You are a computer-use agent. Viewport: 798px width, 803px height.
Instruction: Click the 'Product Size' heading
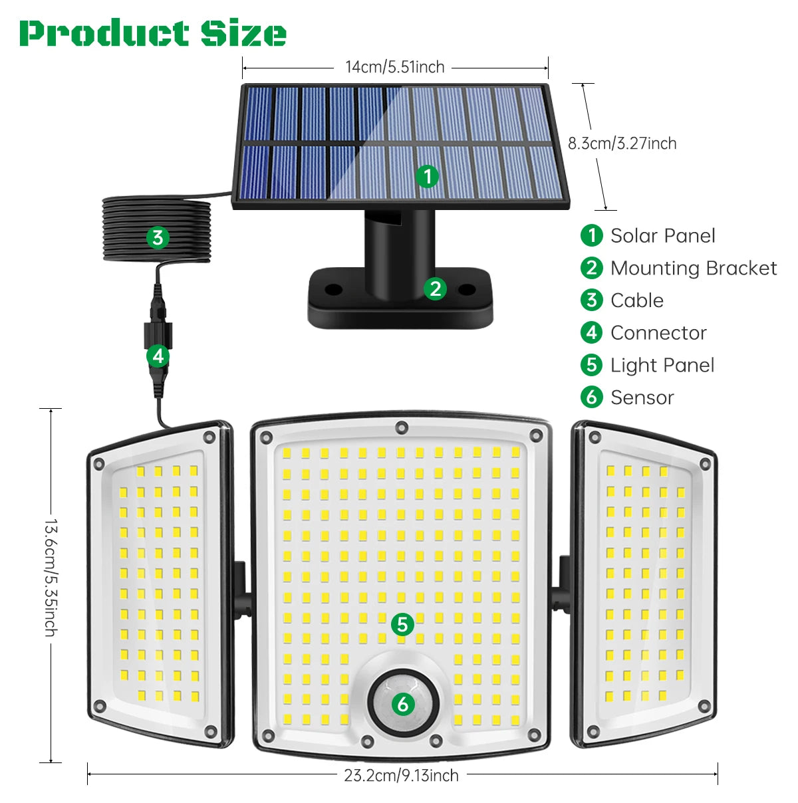(153, 33)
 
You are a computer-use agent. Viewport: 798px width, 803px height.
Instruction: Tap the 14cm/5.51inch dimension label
(394, 67)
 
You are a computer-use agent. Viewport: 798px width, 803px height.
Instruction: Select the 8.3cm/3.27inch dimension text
(622, 144)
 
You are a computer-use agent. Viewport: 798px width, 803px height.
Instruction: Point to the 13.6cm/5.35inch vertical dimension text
(51, 578)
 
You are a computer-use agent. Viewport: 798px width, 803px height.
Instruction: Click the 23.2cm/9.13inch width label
(401, 775)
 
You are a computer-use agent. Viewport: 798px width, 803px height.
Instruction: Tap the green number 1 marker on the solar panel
(428, 176)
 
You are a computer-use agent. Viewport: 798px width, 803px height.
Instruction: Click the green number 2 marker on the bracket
(435, 288)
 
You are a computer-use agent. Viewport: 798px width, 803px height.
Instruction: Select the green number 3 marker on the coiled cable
(158, 237)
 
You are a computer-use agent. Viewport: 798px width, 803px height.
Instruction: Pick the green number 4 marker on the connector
(158, 356)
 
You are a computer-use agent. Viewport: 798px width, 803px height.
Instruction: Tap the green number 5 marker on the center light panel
(402, 624)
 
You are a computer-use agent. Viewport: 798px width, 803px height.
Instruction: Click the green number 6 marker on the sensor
(403, 703)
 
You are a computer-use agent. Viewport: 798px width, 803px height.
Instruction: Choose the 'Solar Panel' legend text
(662, 235)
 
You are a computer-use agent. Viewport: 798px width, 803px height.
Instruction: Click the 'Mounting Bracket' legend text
(693, 268)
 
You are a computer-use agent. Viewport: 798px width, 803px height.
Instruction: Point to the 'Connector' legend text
(658, 332)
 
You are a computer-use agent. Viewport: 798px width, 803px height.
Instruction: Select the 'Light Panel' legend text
(662, 365)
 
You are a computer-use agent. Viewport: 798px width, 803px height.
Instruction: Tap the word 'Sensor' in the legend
(642, 398)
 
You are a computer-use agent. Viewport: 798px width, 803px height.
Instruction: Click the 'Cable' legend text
(636, 300)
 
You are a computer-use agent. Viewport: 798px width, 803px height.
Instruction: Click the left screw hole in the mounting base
(333, 290)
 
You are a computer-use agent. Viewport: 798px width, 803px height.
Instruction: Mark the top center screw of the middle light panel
(401, 427)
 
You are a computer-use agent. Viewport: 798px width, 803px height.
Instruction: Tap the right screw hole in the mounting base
(467, 290)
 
